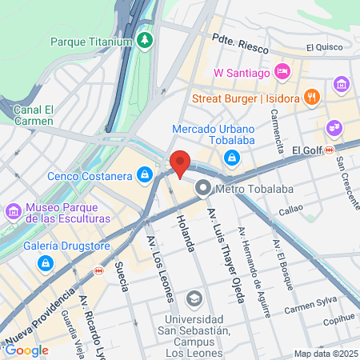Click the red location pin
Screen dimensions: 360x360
pos(180,162)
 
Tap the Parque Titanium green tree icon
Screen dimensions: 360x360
pos(144,39)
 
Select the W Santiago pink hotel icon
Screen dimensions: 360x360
pos(282,73)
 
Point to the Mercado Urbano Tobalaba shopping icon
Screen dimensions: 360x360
pos(231,157)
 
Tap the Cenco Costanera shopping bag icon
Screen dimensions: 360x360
pos(144,174)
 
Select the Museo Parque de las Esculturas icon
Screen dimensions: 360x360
pos(14,212)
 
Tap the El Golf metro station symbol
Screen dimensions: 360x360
pos(351,149)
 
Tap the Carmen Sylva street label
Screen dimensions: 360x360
pos(308,307)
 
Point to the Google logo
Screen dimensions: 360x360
pos(26,350)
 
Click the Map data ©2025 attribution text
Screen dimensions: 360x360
pos(325,354)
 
